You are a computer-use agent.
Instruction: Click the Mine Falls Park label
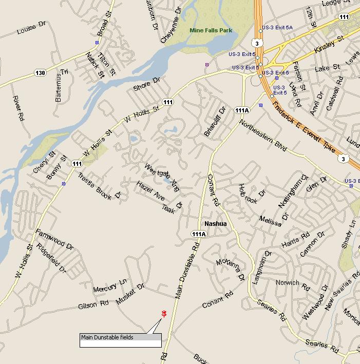click(x=211, y=30)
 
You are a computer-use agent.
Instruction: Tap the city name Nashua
click(x=215, y=224)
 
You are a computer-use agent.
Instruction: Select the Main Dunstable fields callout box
click(x=120, y=340)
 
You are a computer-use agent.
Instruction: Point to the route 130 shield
click(x=40, y=72)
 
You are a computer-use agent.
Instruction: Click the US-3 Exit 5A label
click(x=277, y=27)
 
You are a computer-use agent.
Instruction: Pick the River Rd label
click(x=18, y=108)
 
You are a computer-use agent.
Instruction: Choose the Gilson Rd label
click(x=93, y=305)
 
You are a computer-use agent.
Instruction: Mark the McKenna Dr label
click(x=230, y=269)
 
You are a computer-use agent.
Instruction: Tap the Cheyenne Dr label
click(x=170, y=18)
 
